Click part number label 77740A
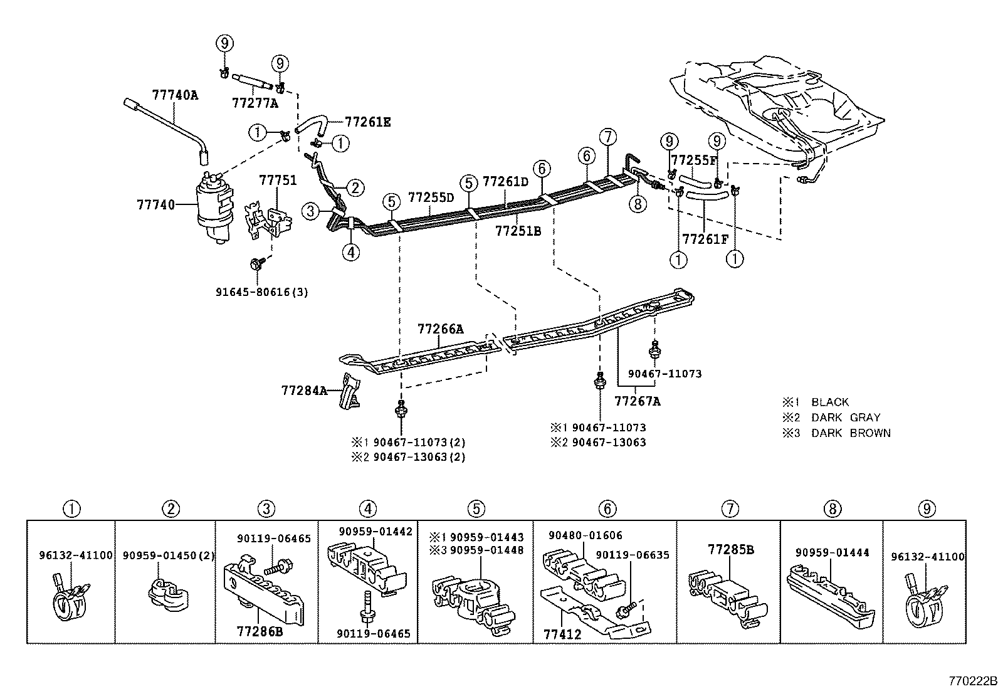(174, 95)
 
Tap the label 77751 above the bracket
(278, 181)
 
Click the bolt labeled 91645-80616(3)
(257, 265)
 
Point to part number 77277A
(254, 102)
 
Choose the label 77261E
(367, 122)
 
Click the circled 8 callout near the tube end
(638, 204)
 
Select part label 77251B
(518, 231)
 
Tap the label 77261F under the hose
(705, 239)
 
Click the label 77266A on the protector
(441, 329)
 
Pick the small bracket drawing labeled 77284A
(349, 391)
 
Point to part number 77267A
(637, 401)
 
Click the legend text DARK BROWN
(851, 433)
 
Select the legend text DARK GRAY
(846, 417)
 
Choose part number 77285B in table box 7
(730, 550)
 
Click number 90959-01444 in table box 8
(832, 552)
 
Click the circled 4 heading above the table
(368, 509)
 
